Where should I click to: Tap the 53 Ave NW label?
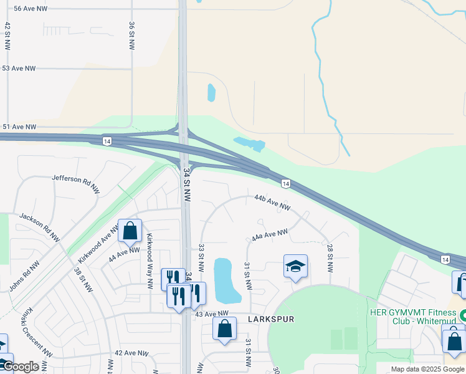click(x=19, y=69)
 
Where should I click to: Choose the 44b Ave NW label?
click(x=273, y=202)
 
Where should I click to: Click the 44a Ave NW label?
click(x=270, y=235)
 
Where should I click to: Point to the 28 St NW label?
click(x=330, y=258)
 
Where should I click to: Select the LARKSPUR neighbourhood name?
click(x=270, y=319)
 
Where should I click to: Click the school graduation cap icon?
click(x=295, y=267)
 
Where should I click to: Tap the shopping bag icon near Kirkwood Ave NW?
click(x=130, y=231)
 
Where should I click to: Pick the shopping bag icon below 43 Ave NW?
click(x=224, y=328)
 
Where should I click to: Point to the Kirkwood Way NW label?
click(x=150, y=261)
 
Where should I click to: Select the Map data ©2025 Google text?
click(x=427, y=369)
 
